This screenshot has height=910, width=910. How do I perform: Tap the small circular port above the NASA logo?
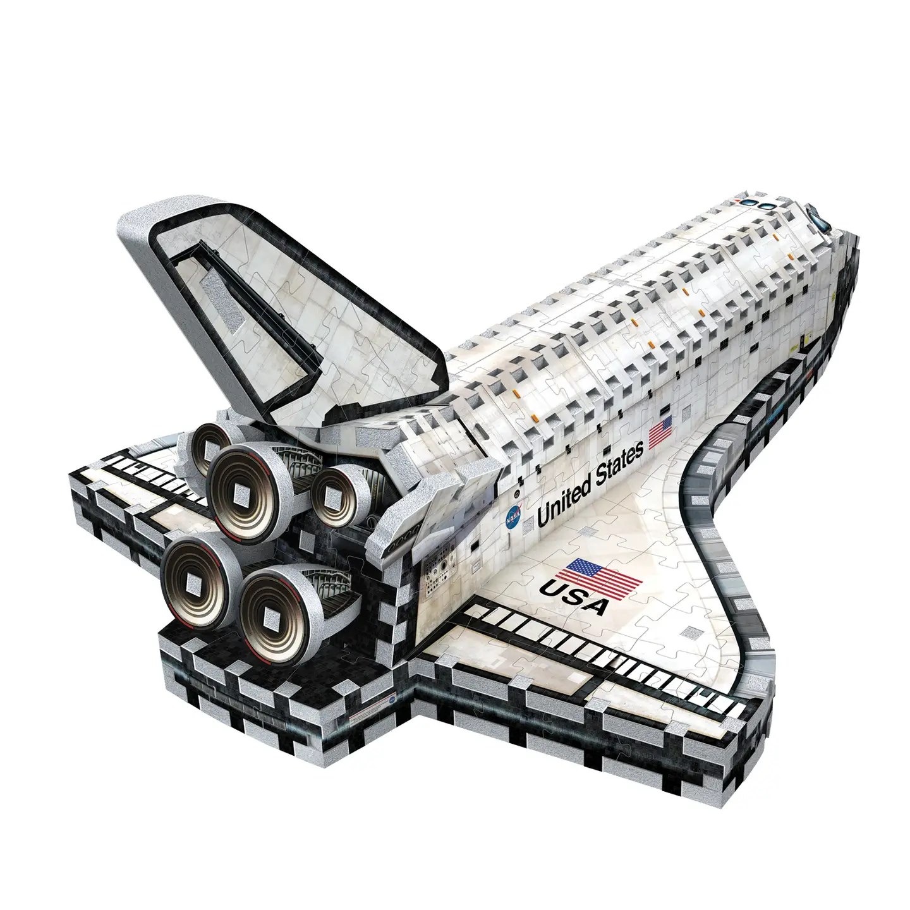pos(516,492)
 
